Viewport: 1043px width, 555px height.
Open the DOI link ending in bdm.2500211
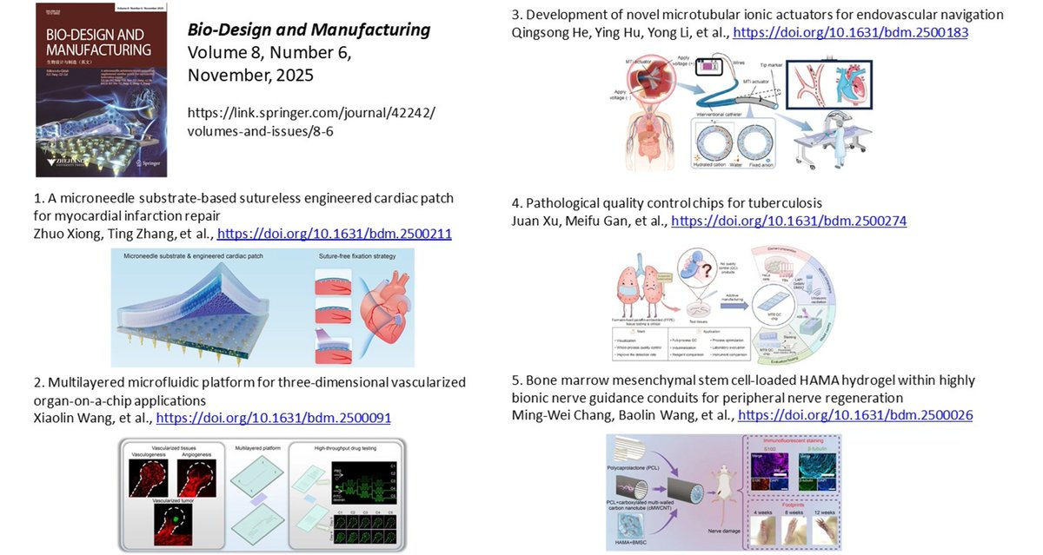[x=334, y=234]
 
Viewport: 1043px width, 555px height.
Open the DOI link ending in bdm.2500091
[x=273, y=418]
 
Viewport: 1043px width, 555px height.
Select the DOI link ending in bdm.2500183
[x=850, y=32]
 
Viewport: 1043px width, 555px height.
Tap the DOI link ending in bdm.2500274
[x=788, y=221]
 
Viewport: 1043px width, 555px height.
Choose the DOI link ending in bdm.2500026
[x=854, y=415]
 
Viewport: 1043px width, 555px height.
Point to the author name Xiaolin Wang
[x=68, y=418]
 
